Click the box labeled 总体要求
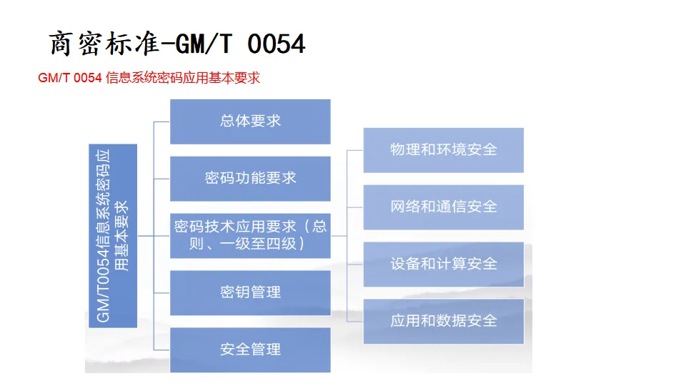pyautogui.click(x=250, y=121)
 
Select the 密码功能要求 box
pyautogui.click(x=250, y=178)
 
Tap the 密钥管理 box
pyautogui.click(x=250, y=292)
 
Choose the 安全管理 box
pyautogui.click(x=250, y=350)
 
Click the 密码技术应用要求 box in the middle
pyautogui.click(x=250, y=235)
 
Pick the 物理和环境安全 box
pyautogui.click(x=443, y=149)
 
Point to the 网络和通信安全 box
pyautogui.click(x=443, y=207)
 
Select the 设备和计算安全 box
pyautogui.click(x=443, y=264)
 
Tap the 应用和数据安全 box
pyautogui.click(x=443, y=321)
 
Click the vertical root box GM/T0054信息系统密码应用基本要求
pyautogui.click(x=112, y=236)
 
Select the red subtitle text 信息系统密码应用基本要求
pyautogui.click(x=183, y=78)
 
